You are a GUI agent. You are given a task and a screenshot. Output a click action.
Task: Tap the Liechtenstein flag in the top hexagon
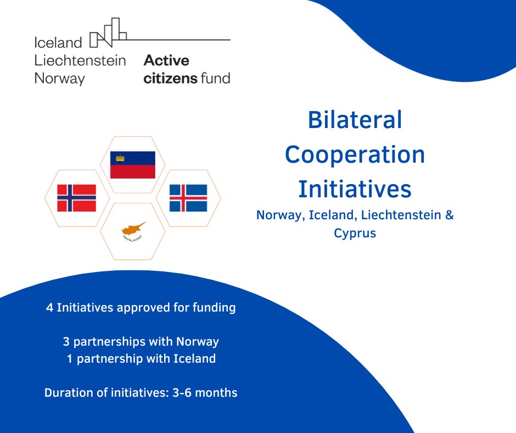pos(133,165)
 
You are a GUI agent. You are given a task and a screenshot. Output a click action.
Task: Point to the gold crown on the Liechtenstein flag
pos(119,158)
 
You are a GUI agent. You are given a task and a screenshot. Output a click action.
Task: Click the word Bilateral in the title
pos(355,120)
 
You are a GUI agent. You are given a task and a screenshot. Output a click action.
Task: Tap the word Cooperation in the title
pos(355,154)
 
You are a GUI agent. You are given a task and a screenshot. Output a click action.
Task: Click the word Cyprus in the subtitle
pos(355,233)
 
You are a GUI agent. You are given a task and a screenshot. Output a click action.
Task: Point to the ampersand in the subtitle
pos(449,215)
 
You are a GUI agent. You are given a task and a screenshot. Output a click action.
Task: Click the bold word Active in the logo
pos(166,60)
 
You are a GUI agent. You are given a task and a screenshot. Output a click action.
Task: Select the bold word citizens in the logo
pos(170,78)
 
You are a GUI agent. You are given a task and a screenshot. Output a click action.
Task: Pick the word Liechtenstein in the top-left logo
pos(80,60)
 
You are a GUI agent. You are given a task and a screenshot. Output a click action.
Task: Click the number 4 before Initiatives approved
pos(49,308)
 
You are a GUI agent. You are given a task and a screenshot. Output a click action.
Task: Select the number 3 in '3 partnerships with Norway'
pos(66,342)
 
